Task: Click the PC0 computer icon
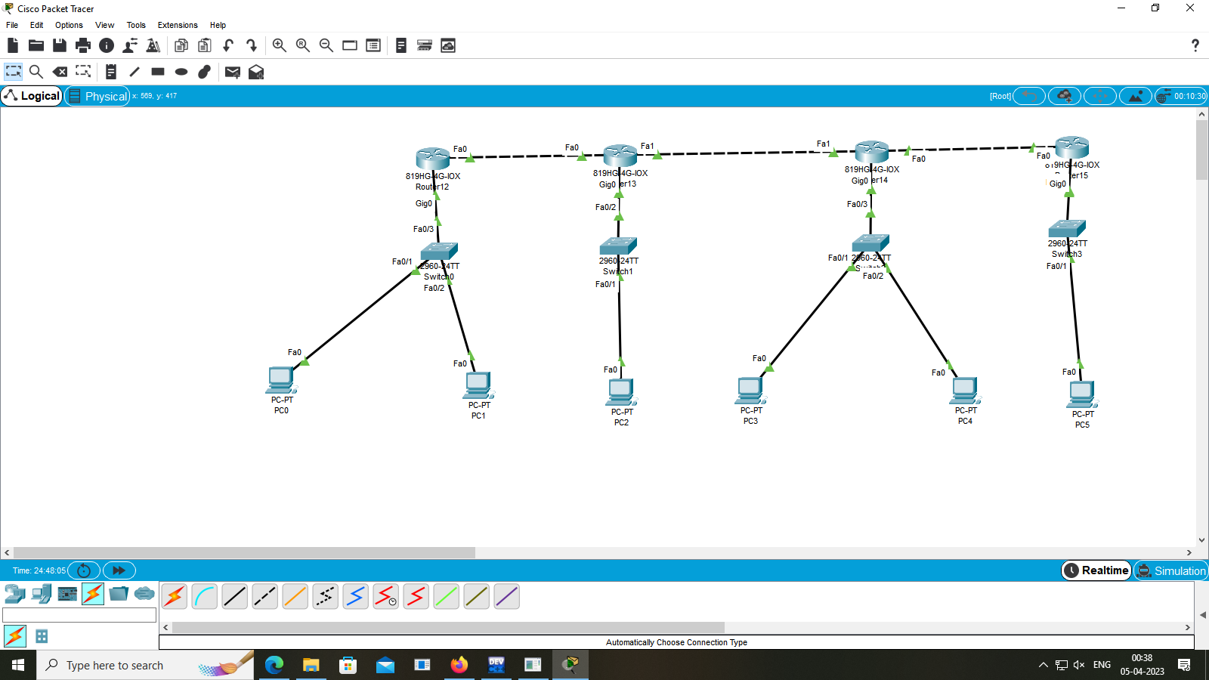click(x=281, y=380)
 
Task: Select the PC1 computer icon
click(x=478, y=385)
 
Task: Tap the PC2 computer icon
click(x=621, y=391)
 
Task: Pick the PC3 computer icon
click(x=750, y=390)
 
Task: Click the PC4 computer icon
click(x=965, y=390)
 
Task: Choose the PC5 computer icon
click(x=1082, y=394)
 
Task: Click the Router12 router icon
click(x=433, y=158)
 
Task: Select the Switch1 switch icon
click(x=618, y=246)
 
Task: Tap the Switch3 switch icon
click(x=1067, y=228)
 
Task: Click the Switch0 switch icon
click(x=439, y=251)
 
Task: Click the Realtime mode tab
click(x=1096, y=570)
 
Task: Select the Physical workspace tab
click(x=97, y=96)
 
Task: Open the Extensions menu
click(x=178, y=25)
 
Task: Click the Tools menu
click(x=136, y=25)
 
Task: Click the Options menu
click(x=69, y=25)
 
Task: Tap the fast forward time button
click(x=119, y=570)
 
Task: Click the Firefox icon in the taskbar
click(x=459, y=665)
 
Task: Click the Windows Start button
click(x=18, y=665)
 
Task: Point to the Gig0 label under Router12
click(x=423, y=204)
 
